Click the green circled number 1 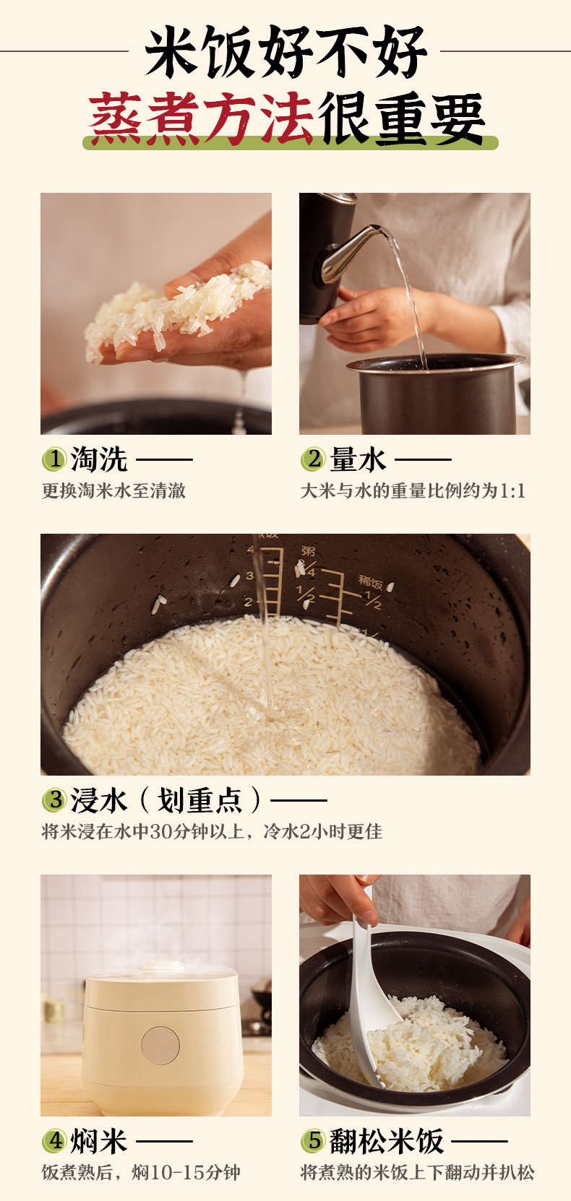pos(54,459)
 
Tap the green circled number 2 pos(313,459)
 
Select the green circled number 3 pos(54,800)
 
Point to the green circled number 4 pos(54,1141)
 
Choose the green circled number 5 pos(313,1141)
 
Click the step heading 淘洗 pos(99,460)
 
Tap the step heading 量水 pos(357,460)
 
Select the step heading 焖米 pos(99,1142)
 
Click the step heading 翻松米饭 pos(387,1142)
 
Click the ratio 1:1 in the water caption pos(512,491)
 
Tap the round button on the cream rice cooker pos(160,1046)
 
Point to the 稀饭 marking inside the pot pos(370,582)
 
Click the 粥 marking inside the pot pos(308,551)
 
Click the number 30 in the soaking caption pos(160,831)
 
